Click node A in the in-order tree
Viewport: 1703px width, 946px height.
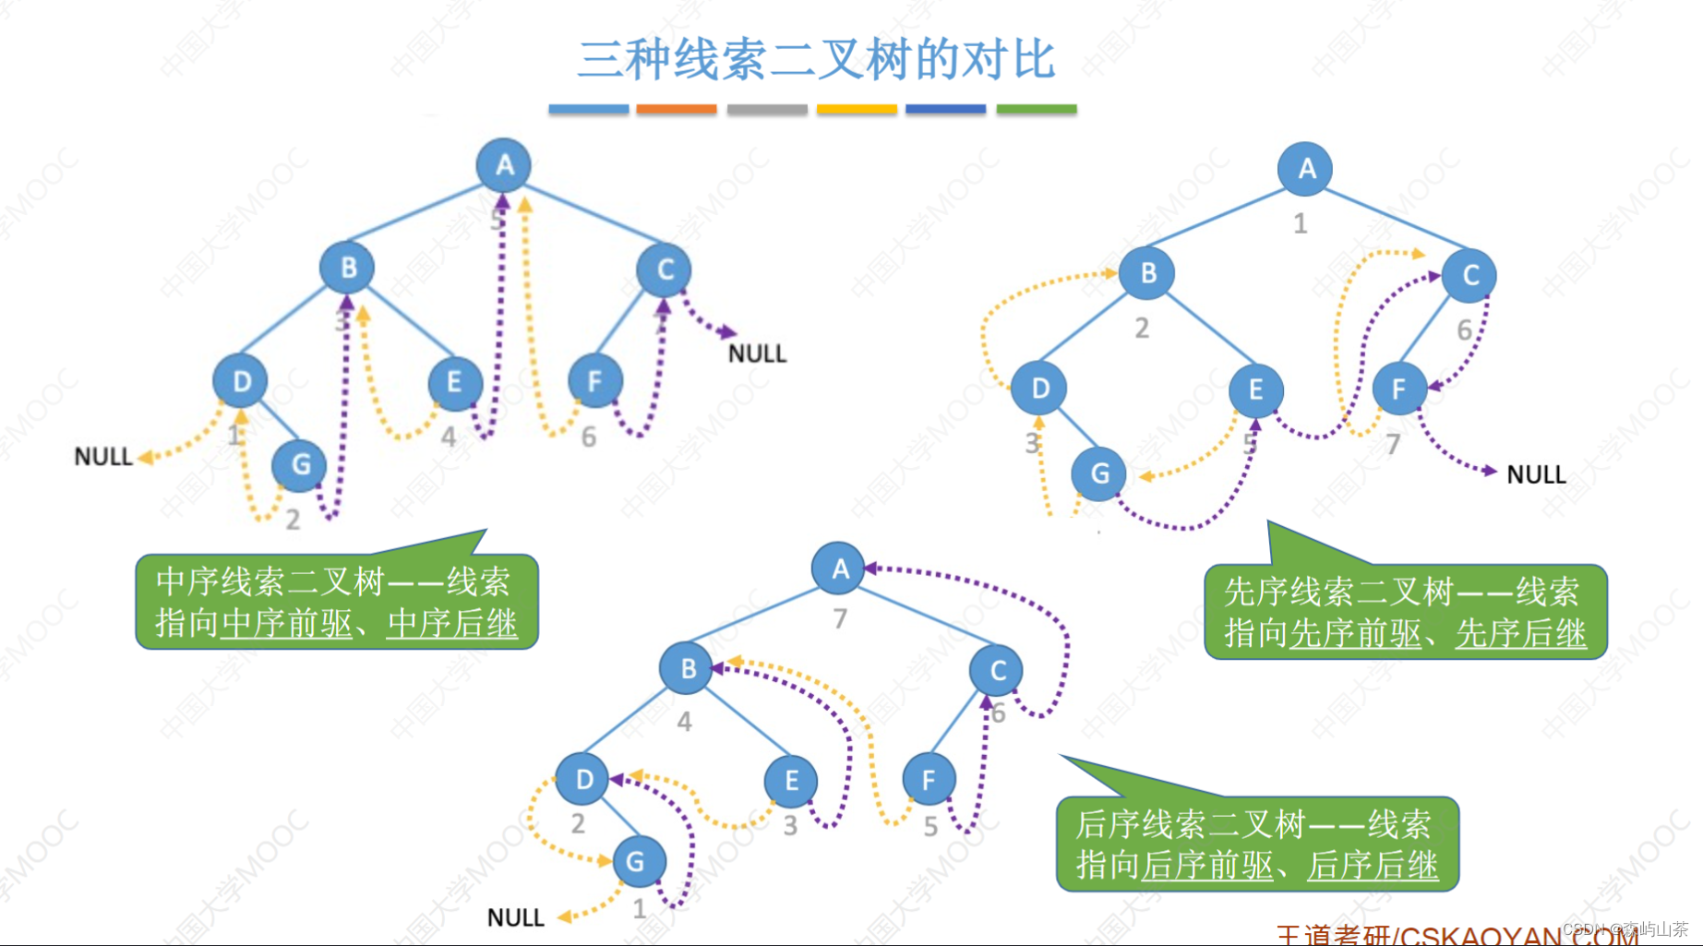(503, 165)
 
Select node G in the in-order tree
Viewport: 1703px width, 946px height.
(300, 464)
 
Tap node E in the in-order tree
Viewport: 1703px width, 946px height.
(454, 382)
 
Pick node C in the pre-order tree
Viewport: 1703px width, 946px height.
(1469, 275)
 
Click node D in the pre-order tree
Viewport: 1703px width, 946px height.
(1039, 389)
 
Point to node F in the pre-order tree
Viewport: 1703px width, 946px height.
(1398, 389)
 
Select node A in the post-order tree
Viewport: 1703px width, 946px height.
(838, 569)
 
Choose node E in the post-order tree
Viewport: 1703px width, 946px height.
(791, 781)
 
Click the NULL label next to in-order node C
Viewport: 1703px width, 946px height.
(757, 353)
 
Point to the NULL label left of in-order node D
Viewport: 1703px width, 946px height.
(102, 457)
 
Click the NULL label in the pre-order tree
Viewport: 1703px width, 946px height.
(1536, 474)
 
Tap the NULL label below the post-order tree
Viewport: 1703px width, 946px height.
(515, 917)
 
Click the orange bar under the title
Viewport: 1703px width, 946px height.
(676, 109)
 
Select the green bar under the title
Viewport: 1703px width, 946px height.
(1037, 109)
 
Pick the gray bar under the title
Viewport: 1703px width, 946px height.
(767, 109)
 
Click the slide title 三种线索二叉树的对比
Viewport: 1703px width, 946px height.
(815, 60)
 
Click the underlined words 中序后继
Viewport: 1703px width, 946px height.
(452, 624)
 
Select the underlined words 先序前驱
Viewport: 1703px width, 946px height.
(1355, 633)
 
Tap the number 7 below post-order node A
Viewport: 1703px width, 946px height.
(840, 618)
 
